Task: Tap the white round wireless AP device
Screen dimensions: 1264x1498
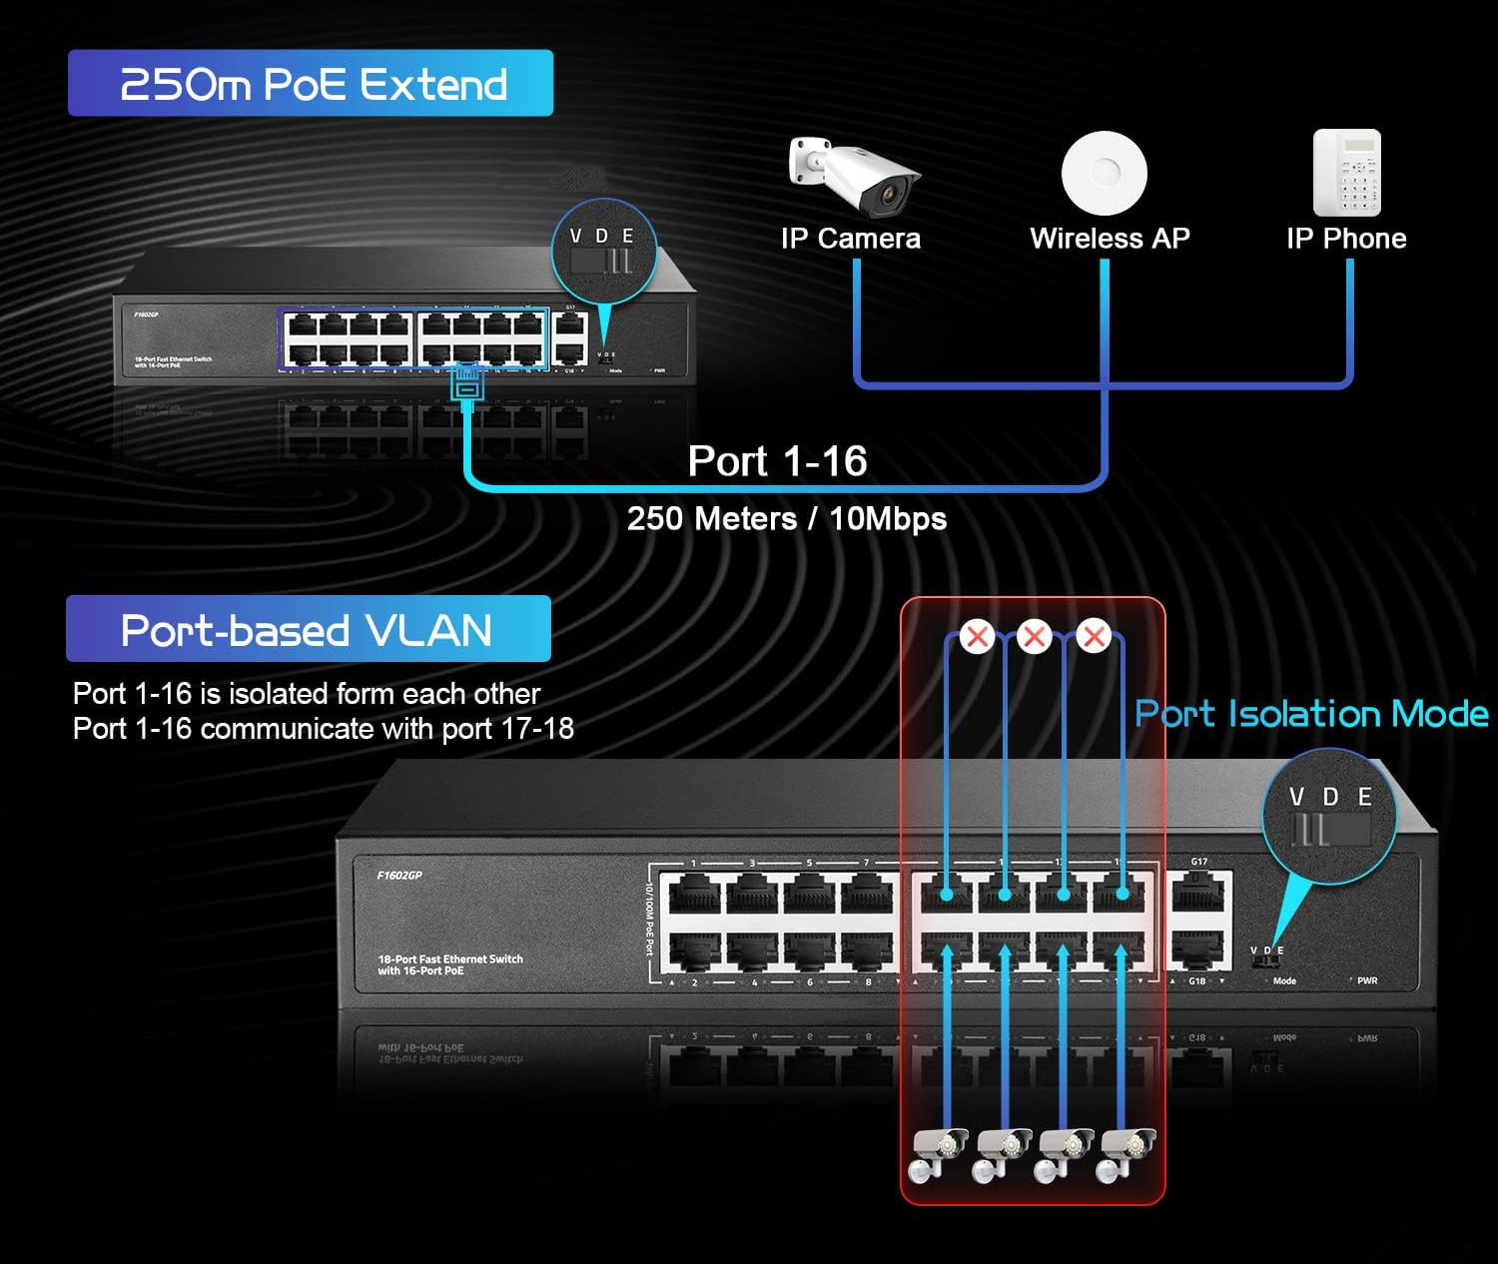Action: [x=1104, y=173]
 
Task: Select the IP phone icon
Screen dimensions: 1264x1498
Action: [x=1346, y=173]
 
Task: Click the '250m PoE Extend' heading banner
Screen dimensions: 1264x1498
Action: [x=311, y=84]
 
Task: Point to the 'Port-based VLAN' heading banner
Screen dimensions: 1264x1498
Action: [x=309, y=629]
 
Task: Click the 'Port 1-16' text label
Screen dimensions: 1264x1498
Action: [x=777, y=461]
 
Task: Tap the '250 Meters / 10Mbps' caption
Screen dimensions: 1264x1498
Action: [x=786, y=519]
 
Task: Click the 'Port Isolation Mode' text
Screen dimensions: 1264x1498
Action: [x=1311, y=714]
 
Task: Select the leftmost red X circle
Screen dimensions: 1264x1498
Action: [x=977, y=636]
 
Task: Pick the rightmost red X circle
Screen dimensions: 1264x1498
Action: [x=1094, y=636]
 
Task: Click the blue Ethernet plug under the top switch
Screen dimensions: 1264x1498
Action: [x=467, y=382]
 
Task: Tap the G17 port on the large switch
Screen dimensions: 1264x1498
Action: [x=1199, y=893]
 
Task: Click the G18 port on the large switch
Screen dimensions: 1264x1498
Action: [x=1199, y=949]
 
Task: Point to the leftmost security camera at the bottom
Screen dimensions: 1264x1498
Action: [x=939, y=1154]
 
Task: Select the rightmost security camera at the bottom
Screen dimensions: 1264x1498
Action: [x=1127, y=1154]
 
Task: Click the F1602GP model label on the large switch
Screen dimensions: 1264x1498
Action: [x=399, y=876]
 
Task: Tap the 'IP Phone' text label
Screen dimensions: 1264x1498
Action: [x=1346, y=239]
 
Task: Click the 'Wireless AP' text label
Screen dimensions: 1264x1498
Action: [x=1110, y=239]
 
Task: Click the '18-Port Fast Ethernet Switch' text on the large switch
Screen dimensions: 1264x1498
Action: [x=450, y=959]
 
